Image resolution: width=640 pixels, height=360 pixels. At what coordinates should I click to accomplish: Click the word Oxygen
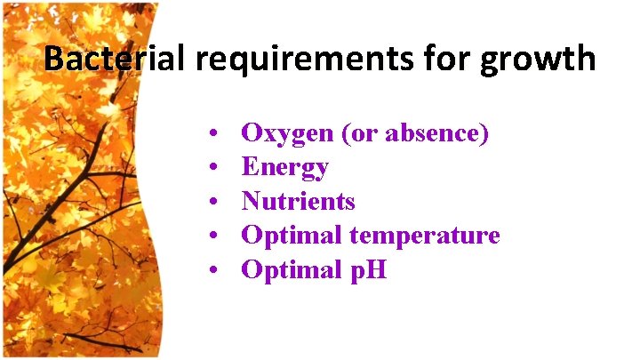point(284,134)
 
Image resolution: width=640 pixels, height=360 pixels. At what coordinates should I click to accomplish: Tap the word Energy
point(285,168)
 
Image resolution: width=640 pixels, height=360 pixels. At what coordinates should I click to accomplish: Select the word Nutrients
point(299,201)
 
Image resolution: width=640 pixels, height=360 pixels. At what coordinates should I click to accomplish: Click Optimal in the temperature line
point(292,236)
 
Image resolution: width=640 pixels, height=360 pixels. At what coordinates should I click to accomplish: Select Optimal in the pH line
point(292,269)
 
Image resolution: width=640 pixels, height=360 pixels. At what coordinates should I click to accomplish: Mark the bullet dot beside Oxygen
point(216,135)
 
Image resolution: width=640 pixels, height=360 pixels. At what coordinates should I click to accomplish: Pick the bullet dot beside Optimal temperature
point(216,236)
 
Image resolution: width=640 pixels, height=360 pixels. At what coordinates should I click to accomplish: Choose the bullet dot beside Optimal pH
point(216,270)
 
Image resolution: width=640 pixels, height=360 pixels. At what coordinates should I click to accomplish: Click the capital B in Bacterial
point(53,59)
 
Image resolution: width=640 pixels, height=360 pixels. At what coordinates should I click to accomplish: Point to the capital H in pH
point(377,268)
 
